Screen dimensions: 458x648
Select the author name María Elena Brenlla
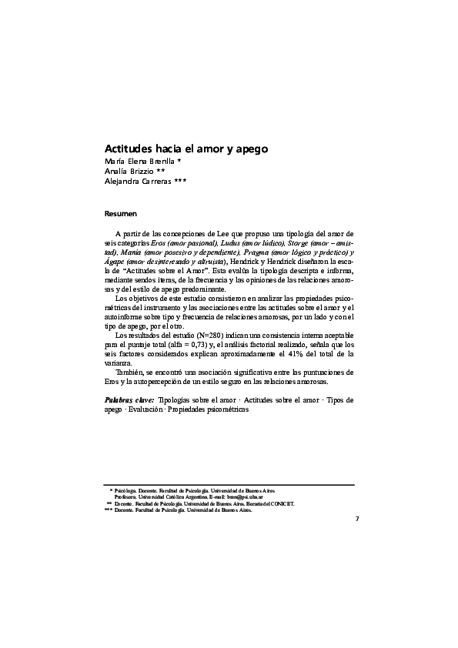click(139, 161)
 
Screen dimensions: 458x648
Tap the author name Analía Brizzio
click(129, 172)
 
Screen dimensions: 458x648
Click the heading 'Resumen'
click(121, 212)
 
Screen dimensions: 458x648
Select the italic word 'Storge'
click(298, 242)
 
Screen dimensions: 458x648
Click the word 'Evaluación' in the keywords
click(145, 409)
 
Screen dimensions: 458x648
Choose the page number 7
click(356, 519)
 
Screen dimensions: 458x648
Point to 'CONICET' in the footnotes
click(280, 503)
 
